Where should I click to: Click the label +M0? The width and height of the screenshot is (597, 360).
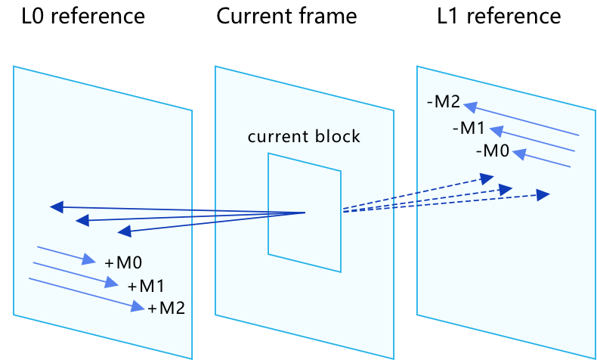(123, 263)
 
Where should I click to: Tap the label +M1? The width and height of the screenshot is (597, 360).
(146, 287)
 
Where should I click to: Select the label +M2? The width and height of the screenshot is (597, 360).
(166, 309)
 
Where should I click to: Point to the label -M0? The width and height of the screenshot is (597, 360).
(493, 151)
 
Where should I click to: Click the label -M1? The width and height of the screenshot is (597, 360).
(469, 128)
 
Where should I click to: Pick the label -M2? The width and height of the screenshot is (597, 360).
(443, 102)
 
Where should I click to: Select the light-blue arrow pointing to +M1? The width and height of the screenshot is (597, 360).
(75, 275)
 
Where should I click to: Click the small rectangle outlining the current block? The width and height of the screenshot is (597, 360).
(268, 204)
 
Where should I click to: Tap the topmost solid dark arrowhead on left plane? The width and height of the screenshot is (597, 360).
(54, 206)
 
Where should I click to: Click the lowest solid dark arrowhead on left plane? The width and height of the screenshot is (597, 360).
(124, 231)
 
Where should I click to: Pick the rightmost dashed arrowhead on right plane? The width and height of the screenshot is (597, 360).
(543, 195)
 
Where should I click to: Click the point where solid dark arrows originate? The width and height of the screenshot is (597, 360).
(305, 213)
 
